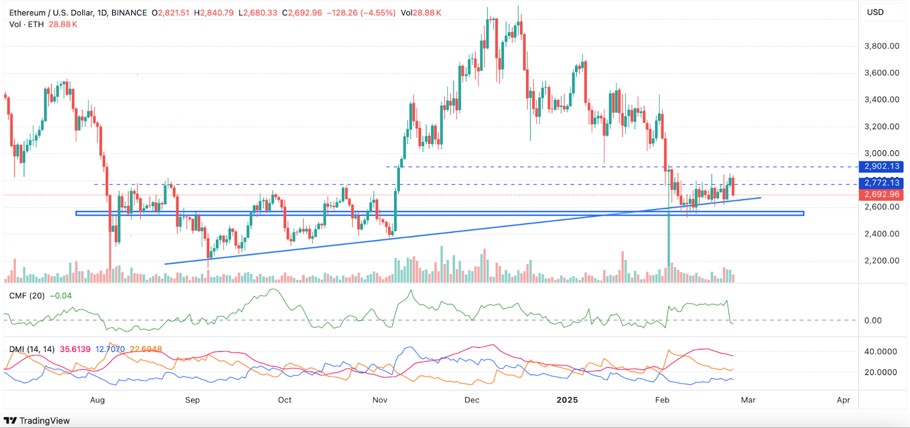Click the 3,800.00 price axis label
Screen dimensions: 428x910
click(882, 46)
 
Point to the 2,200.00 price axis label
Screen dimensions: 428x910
click(882, 261)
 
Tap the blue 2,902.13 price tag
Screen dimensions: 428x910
click(882, 167)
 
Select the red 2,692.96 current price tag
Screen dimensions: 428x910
click(882, 195)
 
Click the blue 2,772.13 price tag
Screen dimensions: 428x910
click(882, 183)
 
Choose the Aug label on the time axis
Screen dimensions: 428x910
click(97, 400)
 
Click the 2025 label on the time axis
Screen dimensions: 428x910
click(567, 400)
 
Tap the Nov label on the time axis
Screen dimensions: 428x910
click(380, 400)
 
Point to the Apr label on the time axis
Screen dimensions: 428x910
click(843, 400)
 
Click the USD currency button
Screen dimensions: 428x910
click(875, 13)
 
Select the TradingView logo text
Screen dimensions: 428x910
click(44, 421)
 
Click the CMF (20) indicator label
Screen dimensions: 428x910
click(27, 296)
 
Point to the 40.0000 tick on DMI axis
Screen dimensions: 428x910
click(880, 352)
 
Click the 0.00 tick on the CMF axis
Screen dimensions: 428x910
click(873, 320)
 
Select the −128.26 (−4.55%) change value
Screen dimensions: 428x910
click(361, 13)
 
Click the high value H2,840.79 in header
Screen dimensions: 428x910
click(213, 13)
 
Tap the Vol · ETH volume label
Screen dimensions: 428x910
click(27, 24)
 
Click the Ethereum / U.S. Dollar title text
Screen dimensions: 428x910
click(51, 13)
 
